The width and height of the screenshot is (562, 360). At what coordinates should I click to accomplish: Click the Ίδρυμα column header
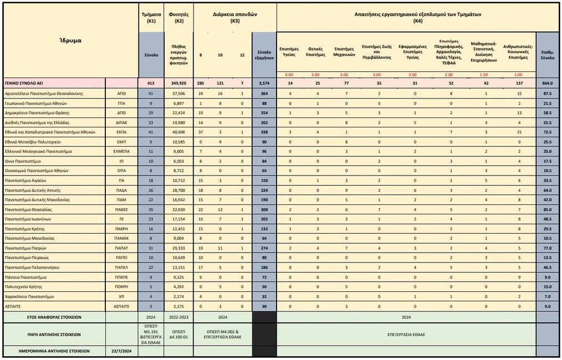(x=70, y=40)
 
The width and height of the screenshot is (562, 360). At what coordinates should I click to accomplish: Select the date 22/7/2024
(x=121, y=351)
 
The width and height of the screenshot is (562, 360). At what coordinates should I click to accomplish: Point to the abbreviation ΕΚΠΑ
(x=121, y=132)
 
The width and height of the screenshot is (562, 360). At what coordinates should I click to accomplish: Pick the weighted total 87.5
(x=547, y=94)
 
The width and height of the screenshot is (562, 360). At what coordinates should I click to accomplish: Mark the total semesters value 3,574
(x=264, y=83)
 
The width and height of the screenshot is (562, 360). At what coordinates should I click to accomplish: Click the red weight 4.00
(x=289, y=75)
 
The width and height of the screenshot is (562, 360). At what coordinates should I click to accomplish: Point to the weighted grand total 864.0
(x=547, y=83)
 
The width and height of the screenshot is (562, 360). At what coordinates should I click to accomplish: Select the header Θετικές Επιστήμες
(x=315, y=52)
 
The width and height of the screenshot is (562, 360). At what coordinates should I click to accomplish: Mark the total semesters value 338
(x=264, y=132)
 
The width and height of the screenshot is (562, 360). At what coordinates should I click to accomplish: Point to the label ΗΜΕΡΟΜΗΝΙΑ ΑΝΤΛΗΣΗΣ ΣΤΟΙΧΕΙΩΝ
(x=54, y=351)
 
